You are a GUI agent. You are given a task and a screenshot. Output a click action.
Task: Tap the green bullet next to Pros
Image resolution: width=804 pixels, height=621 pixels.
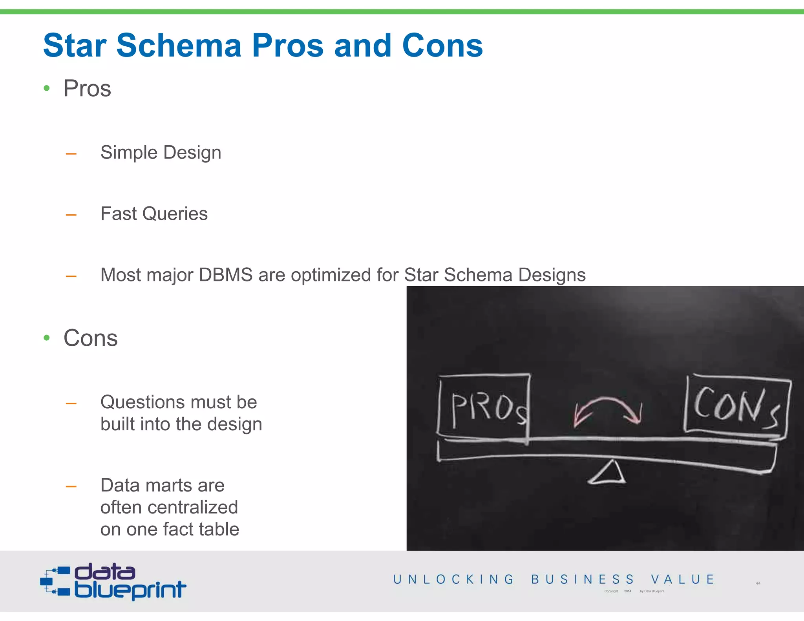pyautogui.click(x=47, y=88)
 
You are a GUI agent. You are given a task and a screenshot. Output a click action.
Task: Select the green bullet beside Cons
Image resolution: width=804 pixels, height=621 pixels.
pyautogui.click(x=47, y=338)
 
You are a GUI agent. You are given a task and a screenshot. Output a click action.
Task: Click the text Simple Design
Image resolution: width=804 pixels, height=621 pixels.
pyautogui.click(x=161, y=152)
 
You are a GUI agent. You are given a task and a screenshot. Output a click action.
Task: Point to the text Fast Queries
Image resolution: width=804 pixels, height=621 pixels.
pyautogui.click(x=154, y=214)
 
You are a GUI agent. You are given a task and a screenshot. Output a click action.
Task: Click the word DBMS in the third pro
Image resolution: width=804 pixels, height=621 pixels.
pyautogui.click(x=225, y=275)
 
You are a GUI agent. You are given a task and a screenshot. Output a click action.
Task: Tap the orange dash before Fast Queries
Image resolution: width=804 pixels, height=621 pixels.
pyautogui.click(x=71, y=215)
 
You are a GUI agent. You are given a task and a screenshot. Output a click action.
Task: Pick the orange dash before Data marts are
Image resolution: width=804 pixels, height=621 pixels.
pyautogui.click(x=71, y=487)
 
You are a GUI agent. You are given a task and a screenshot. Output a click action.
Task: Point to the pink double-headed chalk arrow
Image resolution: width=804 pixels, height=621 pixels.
pyautogui.click(x=607, y=410)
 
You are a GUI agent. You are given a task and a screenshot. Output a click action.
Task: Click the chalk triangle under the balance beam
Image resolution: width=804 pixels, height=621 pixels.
pyautogui.click(x=607, y=473)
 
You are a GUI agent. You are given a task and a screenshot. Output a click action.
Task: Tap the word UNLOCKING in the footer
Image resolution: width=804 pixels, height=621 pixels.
pyautogui.click(x=453, y=579)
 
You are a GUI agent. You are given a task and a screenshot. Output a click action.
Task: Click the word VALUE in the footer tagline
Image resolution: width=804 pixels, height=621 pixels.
pyautogui.click(x=682, y=579)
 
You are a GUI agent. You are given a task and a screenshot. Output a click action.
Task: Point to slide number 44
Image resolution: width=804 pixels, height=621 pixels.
pyautogui.click(x=758, y=583)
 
